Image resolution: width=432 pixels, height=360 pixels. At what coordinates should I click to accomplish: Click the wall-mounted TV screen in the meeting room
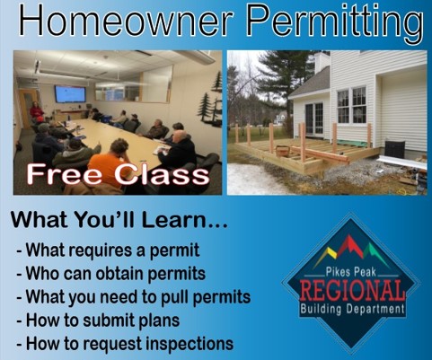[70, 93]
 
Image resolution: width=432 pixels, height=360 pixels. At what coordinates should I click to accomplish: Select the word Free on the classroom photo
[61, 173]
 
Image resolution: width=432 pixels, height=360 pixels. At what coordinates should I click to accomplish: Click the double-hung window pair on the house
[350, 105]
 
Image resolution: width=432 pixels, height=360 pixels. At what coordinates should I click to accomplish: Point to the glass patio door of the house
[313, 118]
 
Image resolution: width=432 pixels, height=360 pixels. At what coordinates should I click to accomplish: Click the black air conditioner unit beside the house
[393, 149]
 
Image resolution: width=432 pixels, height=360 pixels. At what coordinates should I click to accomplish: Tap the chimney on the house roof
[322, 61]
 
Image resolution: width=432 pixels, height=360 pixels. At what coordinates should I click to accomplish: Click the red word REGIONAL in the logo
[352, 290]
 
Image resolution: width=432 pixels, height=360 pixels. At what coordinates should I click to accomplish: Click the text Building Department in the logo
[352, 310]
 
